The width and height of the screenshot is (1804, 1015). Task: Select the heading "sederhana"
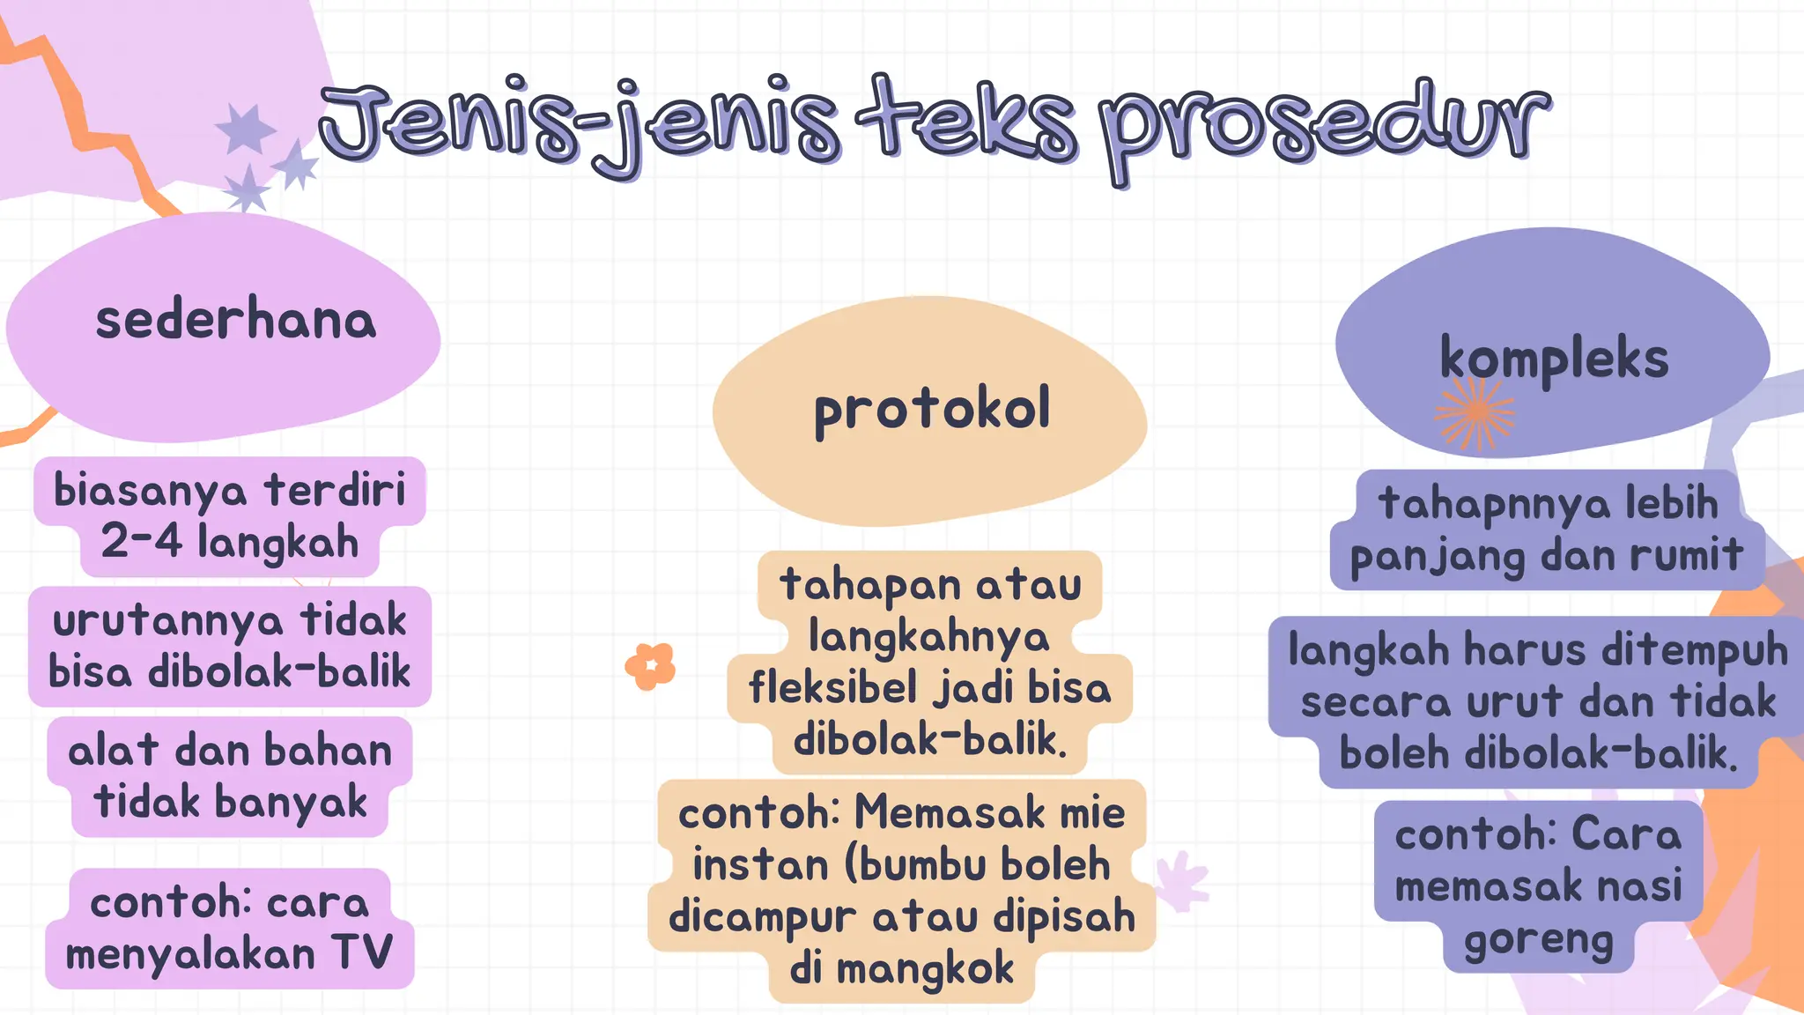235,320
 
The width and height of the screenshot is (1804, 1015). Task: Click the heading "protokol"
932,410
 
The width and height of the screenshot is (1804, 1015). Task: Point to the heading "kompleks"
1554,359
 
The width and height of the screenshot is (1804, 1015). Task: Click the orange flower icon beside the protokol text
650,666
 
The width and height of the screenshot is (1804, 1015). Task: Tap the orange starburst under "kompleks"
1475,412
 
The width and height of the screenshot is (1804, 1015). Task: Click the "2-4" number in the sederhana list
141,541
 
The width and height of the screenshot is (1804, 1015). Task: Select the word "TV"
362,952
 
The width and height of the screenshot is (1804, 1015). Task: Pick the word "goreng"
1538,941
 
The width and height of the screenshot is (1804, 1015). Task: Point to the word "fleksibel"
832,687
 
